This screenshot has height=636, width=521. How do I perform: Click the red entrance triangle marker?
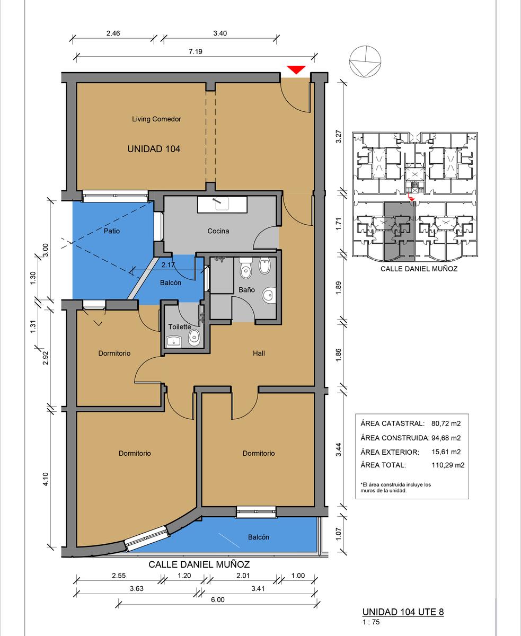pyautogui.click(x=296, y=69)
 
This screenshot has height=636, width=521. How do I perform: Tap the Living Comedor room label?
pyautogui.click(x=156, y=119)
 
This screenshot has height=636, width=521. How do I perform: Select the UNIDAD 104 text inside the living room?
pyautogui.click(x=154, y=149)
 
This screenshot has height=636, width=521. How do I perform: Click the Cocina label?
pyautogui.click(x=218, y=231)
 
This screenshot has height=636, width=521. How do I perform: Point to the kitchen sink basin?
pyautogui.click(x=222, y=204)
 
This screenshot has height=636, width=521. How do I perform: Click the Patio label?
pyautogui.click(x=111, y=231)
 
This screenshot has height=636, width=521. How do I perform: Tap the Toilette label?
pyautogui.click(x=180, y=326)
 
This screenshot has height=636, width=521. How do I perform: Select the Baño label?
pyautogui.click(x=246, y=290)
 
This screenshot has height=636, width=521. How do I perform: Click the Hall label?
pyautogui.click(x=259, y=353)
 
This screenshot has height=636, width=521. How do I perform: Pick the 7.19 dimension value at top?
pyautogui.click(x=196, y=51)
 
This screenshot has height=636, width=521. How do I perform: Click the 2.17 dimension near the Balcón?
pyautogui.click(x=168, y=265)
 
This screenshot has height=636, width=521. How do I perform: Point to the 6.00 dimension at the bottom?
pyautogui.click(x=218, y=599)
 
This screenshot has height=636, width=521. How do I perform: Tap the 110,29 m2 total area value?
pyautogui.click(x=448, y=465)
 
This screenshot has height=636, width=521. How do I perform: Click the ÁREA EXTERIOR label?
pyautogui.click(x=390, y=452)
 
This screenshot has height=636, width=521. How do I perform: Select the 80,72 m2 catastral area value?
pyautogui.click(x=446, y=423)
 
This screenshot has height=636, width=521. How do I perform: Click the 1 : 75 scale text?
pyautogui.click(x=371, y=622)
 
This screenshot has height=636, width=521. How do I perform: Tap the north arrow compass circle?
pyautogui.click(x=365, y=61)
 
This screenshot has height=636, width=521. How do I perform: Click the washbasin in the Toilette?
pyautogui.click(x=173, y=342)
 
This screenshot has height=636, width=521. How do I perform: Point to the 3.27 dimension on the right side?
pyautogui.click(x=339, y=136)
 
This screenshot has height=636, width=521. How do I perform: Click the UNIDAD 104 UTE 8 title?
pyautogui.click(x=403, y=612)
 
